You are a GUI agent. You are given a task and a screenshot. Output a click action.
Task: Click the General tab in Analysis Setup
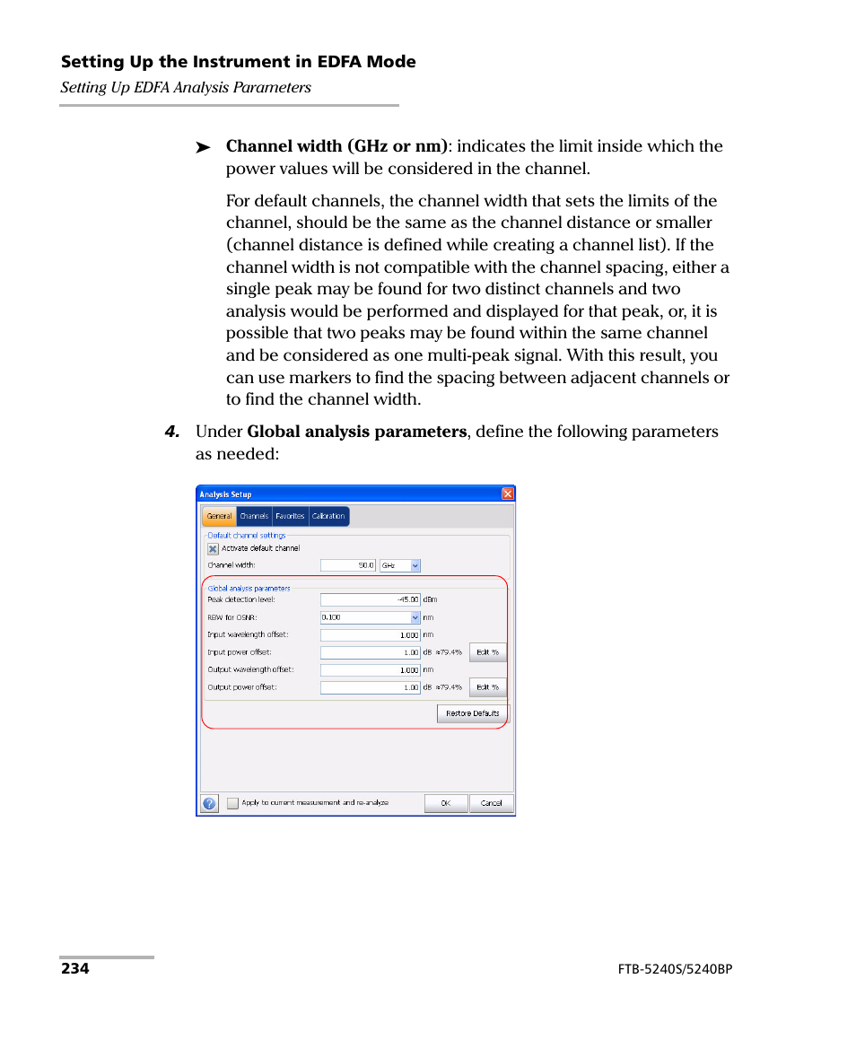click(x=219, y=517)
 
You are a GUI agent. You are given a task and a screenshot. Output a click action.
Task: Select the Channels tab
click(x=254, y=517)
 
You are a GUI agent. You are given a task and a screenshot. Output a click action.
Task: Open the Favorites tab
click(x=290, y=517)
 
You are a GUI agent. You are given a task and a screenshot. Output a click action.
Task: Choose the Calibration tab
click(x=328, y=517)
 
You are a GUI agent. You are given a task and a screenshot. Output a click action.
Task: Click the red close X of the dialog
click(x=508, y=494)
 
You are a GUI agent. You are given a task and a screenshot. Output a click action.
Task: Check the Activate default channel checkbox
click(x=214, y=549)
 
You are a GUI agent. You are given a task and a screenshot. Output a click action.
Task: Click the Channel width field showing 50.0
click(x=348, y=565)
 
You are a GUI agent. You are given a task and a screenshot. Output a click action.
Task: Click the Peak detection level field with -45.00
click(x=370, y=599)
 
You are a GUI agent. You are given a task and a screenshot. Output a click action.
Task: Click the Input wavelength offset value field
click(x=370, y=634)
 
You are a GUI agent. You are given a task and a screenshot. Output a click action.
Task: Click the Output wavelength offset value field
click(x=370, y=669)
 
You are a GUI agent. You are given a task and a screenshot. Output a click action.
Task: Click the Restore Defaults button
click(x=473, y=713)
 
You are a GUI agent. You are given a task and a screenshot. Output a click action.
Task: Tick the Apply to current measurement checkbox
click(x=233, y=803)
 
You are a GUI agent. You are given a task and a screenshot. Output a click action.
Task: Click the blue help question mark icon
click(x=209, y=803)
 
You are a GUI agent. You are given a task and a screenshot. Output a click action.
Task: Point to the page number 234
click(x=75, y=969)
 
